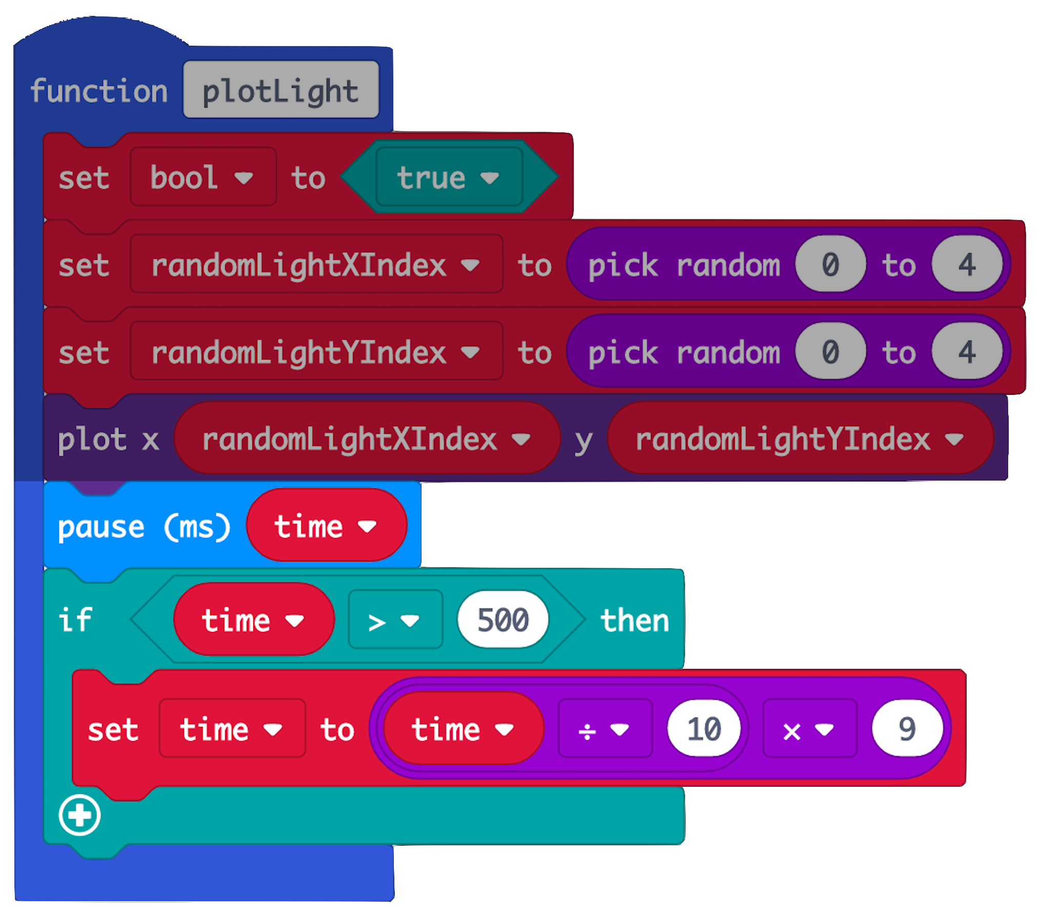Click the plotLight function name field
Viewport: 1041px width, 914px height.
[x=281, y=90]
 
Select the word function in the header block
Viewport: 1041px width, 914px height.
[x=99, y=91]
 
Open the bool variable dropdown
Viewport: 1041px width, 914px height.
[x=203, y=177]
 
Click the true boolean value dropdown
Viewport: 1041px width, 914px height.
[x=448, y=177]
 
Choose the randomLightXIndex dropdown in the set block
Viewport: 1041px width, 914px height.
[x=316, y=265]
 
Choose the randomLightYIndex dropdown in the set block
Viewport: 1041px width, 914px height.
[x=316, y=352]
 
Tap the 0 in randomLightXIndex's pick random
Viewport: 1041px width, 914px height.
[x=830, y=265]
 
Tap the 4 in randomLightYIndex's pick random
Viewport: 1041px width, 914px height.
[x=967, y=352]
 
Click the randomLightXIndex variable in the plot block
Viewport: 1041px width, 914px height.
[x=366, y=439]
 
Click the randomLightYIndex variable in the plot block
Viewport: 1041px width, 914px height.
[x=799, y=439]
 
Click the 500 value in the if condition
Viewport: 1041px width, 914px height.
[x=503, y=620]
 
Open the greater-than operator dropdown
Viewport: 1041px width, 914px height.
[x=394, y=621]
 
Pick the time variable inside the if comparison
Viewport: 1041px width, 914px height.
[x=253, y=620]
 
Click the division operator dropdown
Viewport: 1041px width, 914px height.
[x=604, y=729]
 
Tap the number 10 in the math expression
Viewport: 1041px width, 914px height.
[x=704, y=728]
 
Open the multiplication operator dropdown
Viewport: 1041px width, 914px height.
[x=809, y=729]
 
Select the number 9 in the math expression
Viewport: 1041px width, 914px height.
[x=907, y=728]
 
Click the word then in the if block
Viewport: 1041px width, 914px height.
[x=635, y=621]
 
